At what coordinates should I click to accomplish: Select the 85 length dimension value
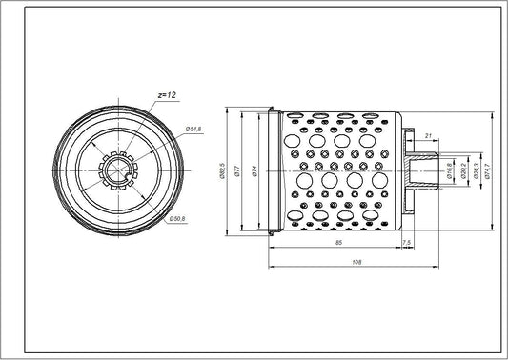(337, 246)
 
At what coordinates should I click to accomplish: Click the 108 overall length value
(356, 262)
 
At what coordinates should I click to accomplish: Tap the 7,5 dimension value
(408, 246)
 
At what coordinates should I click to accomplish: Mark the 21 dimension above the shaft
(427, 136)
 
